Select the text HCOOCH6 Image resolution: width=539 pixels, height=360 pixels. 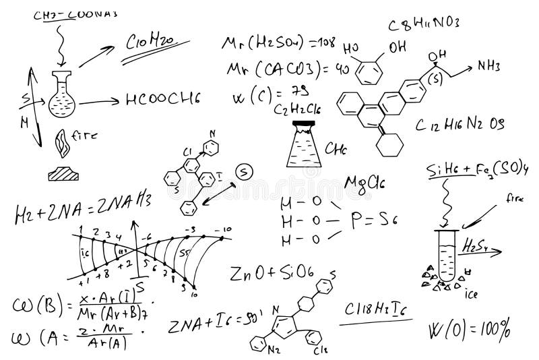(163, 99)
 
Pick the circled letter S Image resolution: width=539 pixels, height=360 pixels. (245, 172)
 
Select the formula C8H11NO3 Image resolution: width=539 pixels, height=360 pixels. (424, 24)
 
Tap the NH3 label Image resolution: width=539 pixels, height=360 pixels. (489, 65)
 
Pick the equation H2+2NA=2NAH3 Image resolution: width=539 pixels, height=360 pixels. (81, 205)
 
